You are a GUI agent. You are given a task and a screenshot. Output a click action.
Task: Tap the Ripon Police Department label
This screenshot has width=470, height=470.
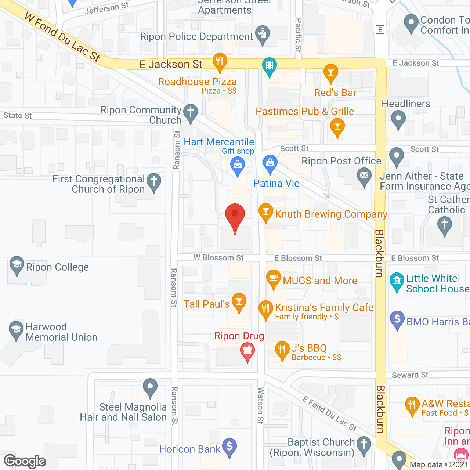coord(196,37)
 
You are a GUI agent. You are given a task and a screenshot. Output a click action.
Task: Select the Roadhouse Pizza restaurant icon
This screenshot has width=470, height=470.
coord(220,62)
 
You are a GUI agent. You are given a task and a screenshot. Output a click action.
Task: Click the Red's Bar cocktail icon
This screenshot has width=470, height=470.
coord(331,72)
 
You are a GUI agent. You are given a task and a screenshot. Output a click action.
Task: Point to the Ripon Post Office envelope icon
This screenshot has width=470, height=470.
coord(364,176)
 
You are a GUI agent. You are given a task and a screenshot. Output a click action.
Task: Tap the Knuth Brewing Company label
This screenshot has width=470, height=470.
coord(331,214)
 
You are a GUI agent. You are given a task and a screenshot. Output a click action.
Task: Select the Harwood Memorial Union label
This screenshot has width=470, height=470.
coord(61,332)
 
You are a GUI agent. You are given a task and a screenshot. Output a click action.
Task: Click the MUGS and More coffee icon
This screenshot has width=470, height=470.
coord(273,278)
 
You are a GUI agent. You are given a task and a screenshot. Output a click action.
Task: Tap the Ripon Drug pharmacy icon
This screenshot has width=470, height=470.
coord(247,351)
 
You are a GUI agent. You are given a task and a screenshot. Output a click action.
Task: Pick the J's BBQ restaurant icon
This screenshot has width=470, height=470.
coord(282,349)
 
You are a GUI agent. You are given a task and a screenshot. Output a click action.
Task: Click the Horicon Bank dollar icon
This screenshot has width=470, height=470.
coord(229,447)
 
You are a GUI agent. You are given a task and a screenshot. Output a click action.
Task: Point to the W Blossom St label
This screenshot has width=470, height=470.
coord(218,258)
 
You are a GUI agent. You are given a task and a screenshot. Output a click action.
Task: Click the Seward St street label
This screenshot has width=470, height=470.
coord(410,375)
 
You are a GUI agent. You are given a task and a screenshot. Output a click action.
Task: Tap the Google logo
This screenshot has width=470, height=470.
coord(25,461)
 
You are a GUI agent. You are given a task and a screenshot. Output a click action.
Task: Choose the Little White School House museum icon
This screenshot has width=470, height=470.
coord(397,281)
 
